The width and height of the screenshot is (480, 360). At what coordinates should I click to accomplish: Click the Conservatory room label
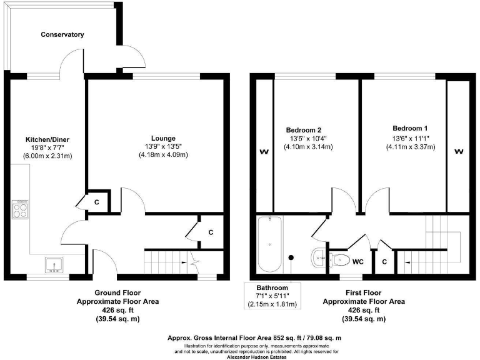(x=62, y=34)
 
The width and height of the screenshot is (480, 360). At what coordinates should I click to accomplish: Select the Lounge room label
(x=163, y=138)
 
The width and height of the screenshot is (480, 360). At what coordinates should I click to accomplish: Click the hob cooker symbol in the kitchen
(x=20, y=209)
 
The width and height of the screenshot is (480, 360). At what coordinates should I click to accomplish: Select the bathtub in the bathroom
(x=270, y=244)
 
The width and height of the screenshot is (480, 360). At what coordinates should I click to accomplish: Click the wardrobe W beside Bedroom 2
(x=264, y=151)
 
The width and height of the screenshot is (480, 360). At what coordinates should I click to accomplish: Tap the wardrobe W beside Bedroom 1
(x=458, y=151)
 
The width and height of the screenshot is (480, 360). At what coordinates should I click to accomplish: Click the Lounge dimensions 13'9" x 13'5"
(x=163, y=146)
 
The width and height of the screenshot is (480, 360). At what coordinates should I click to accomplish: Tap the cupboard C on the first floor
(x=383, y=262)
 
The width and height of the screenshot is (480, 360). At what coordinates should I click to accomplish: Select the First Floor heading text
(x=363, y=292)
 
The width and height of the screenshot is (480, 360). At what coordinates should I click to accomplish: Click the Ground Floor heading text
(x=117, y=292)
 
